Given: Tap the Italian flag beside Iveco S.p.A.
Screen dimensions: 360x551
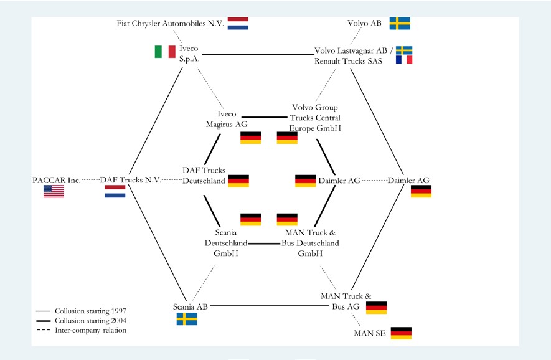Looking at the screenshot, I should [165, 52].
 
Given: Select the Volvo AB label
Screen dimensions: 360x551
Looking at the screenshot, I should [364, 24].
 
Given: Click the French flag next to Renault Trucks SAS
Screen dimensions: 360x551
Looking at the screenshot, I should [405, 60].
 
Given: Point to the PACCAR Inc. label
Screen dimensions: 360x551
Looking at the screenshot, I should [57, 180].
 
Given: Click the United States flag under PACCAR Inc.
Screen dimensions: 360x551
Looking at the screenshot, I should [54, 192].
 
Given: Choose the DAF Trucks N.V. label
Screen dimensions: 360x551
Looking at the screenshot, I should [131, 180].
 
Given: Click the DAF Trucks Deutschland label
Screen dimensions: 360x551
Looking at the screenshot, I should [204, 176].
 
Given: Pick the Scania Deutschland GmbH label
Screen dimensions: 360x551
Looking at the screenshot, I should [227, 243].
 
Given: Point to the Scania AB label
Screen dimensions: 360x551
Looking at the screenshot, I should [190, 306].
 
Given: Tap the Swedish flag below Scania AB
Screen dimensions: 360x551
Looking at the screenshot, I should [187, 319].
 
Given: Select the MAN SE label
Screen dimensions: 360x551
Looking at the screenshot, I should [369, 333].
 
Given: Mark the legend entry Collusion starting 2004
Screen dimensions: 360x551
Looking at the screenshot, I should [90, 320].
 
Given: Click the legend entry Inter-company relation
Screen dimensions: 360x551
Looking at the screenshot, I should [90, 330].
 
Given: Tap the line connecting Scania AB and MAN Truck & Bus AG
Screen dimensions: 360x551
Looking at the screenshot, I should [261, 306].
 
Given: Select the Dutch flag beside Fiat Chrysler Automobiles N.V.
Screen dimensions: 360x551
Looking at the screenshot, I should [238, 24].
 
